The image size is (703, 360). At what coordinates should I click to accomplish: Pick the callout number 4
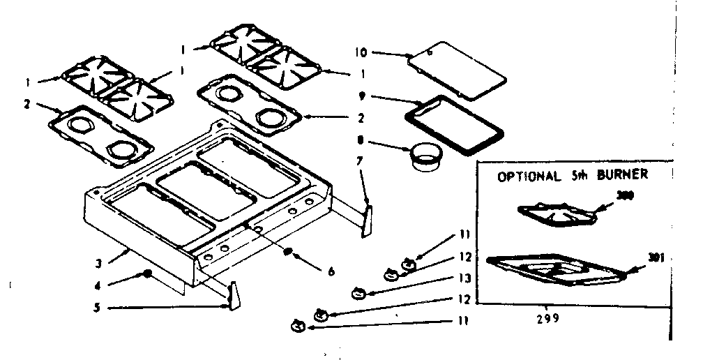[99, 285]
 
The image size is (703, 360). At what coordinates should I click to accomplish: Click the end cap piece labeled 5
[232, 295]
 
